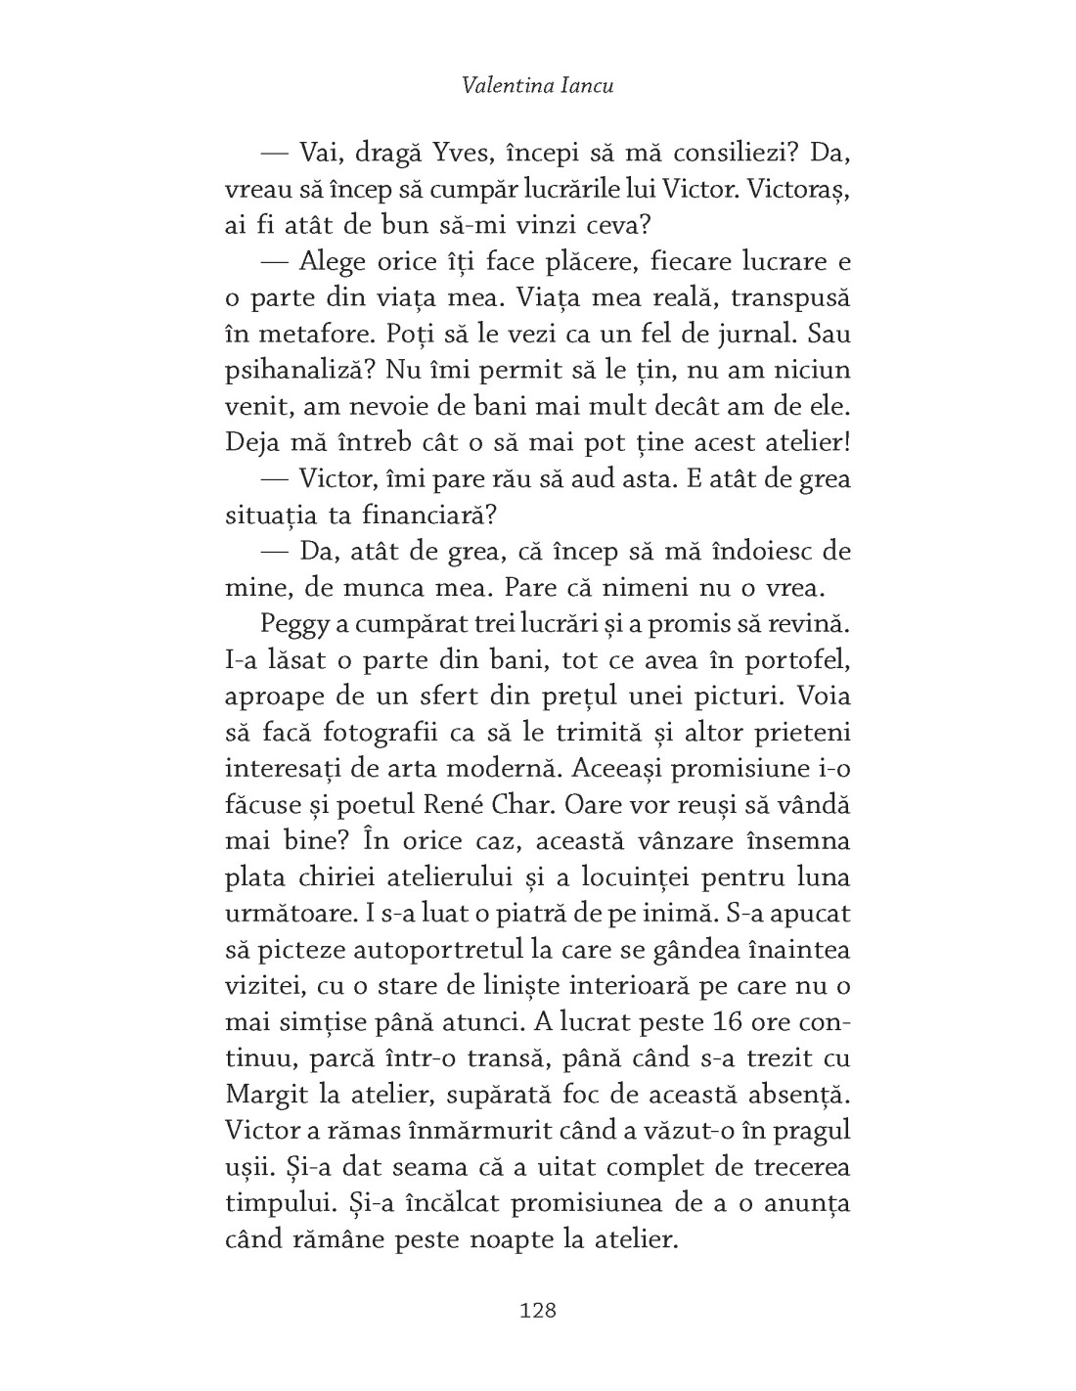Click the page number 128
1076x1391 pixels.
coord(537,1310)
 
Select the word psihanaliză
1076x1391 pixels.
coord(293,371)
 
